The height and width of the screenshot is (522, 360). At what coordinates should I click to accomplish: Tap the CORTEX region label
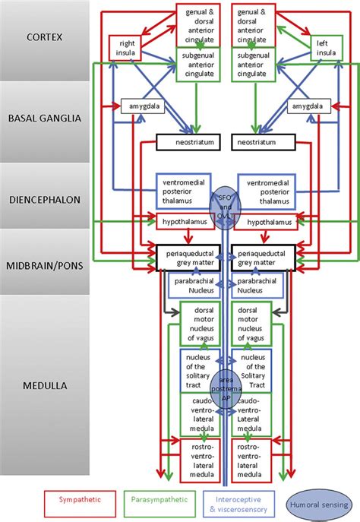(x=46, y=37)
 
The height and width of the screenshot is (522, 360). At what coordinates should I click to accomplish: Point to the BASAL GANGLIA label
(x=46, y=119)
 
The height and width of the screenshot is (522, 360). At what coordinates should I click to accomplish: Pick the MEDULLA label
(x=46, y=386)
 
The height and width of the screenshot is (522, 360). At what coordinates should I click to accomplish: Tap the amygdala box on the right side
(x=308, y=107)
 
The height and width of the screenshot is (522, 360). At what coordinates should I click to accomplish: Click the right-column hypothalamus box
(x=263, y=222)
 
